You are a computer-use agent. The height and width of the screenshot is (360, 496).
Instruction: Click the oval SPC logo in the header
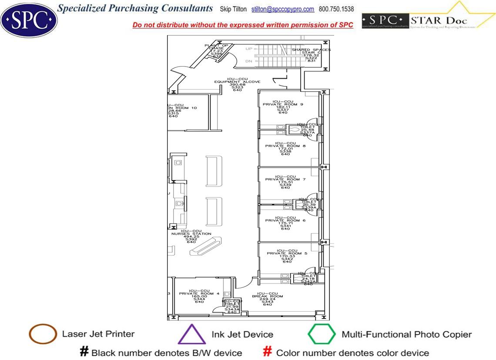pyautogui.click(x=29, y=19)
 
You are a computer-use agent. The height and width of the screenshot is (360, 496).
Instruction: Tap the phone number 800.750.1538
pyautogui.click(x=336, y=9)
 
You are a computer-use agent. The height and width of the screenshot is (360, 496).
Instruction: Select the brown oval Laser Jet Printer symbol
pyautogui.click(x=43, y=334)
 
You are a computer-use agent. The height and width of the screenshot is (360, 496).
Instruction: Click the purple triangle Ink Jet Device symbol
pyautogui.click(x=192, y=334)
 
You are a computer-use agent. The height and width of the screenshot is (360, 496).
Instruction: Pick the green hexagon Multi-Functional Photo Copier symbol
pyautogui.click(x=322, y=334)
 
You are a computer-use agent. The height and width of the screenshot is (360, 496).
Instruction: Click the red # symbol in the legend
pyautogui.click(x=268, y=351)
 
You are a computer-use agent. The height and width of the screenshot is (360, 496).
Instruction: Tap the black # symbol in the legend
pyautogui.click(x=84, y=351)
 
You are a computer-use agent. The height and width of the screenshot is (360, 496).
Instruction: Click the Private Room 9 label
pyautogui.click(x=283, y=104)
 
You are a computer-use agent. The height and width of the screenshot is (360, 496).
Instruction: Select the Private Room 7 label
pyautogui.click(x=285, y=180)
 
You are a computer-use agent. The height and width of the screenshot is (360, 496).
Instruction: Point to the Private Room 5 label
pyautogui.click(x=287, y=253)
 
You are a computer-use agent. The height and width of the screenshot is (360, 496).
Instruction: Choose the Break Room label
pyautogui.click(x=267, y=297)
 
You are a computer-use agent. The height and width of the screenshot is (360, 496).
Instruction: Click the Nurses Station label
pyautogui.click(x=191, y=234)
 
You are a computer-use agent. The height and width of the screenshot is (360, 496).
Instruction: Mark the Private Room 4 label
pyautogui.click(x=199, y=294)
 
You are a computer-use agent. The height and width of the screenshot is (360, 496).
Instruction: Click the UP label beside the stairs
pyautogui.click(x=249, y=49)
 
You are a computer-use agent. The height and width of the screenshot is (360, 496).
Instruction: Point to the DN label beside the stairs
pyautogui.click(x=249, y=61)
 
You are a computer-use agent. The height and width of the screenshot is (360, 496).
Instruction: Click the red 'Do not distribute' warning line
pyautogui.click(x=243, y=25)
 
